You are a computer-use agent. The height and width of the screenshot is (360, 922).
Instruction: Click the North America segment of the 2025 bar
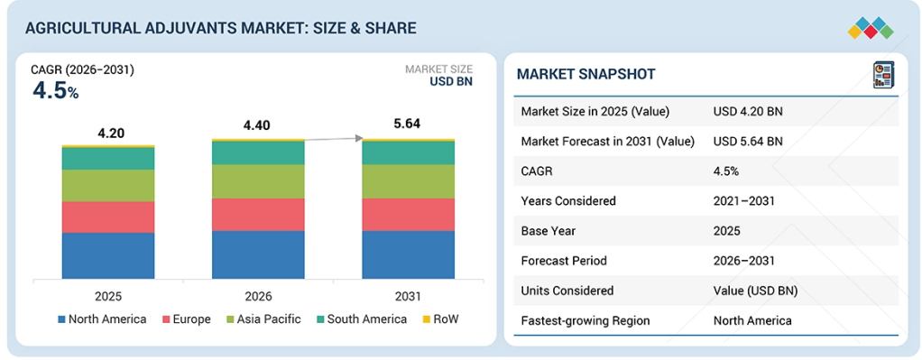(108, 255)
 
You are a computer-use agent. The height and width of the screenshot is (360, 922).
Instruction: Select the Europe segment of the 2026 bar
(258, 214)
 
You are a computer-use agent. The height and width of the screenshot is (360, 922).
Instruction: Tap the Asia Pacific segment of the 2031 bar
(408, 181)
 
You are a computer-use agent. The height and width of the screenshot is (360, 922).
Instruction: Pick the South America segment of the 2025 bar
(108, 158)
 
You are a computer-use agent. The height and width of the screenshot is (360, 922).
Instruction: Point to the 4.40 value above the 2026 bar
(257, 126)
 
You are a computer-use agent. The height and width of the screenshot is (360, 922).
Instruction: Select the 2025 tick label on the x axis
(108, 296)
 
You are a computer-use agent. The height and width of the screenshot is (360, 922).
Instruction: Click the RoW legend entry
(440, 319)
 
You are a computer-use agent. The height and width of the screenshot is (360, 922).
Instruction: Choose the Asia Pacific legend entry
(263, 319)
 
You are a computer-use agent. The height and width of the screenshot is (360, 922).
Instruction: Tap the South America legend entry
(362, 319)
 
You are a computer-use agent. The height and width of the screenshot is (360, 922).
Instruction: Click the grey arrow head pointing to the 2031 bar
(357, 138)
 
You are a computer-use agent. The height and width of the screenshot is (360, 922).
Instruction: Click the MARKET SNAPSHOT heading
(585, 74)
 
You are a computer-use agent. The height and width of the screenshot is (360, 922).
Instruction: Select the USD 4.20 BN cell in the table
(748, 111)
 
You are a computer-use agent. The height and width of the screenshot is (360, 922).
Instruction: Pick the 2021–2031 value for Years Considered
(744, 200)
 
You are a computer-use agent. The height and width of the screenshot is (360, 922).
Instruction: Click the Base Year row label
(548, 231)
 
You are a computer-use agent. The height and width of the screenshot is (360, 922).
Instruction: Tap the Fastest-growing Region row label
(585, 320)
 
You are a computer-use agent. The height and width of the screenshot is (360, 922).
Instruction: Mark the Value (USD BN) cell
(756, 291)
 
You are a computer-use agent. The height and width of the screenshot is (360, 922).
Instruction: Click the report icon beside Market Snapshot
(882, 75)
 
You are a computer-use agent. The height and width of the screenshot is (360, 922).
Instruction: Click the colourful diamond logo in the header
(871, 28)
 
